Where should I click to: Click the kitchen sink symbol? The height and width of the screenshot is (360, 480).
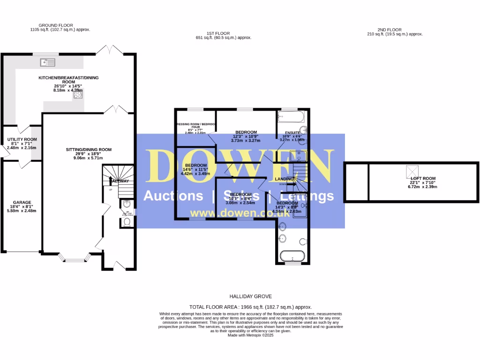48,61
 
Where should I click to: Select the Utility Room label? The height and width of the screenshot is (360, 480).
22,140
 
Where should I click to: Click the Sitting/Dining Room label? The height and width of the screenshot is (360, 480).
89,150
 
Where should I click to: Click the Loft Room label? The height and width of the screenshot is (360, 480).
423,179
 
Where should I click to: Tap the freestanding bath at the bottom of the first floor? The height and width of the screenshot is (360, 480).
292,256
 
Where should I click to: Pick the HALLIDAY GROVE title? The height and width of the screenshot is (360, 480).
250,297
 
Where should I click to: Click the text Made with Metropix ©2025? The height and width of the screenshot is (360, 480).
250,335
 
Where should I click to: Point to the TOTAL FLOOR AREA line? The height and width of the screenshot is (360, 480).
250,307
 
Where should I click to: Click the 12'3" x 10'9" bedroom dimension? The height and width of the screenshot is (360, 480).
246,136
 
